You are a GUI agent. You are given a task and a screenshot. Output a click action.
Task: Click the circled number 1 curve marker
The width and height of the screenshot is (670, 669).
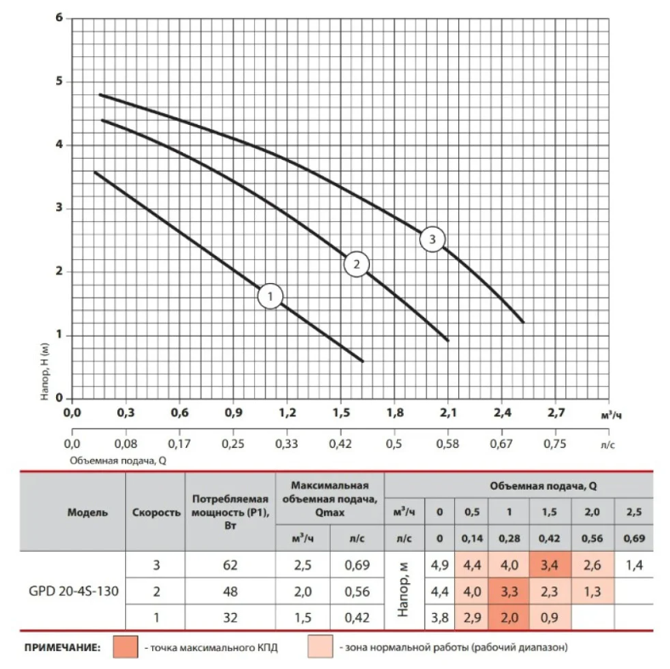coord(270,297)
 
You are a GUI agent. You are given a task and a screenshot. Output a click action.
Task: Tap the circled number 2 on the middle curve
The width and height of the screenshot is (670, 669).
coord(357,264)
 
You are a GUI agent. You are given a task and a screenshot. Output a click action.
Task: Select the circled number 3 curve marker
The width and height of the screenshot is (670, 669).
coord(433,240)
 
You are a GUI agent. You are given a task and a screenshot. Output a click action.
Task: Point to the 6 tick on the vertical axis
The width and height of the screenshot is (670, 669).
coord(60,18)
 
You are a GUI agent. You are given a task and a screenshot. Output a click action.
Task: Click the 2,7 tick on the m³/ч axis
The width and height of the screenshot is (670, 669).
coord(555,414)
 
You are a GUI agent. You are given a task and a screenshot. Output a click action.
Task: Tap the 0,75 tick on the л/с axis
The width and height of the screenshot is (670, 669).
coord(555,444)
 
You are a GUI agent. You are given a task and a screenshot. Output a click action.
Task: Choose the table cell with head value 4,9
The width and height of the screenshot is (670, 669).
coord(439,564)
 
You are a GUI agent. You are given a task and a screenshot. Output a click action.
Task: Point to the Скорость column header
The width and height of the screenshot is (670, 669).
coord(156,513)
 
